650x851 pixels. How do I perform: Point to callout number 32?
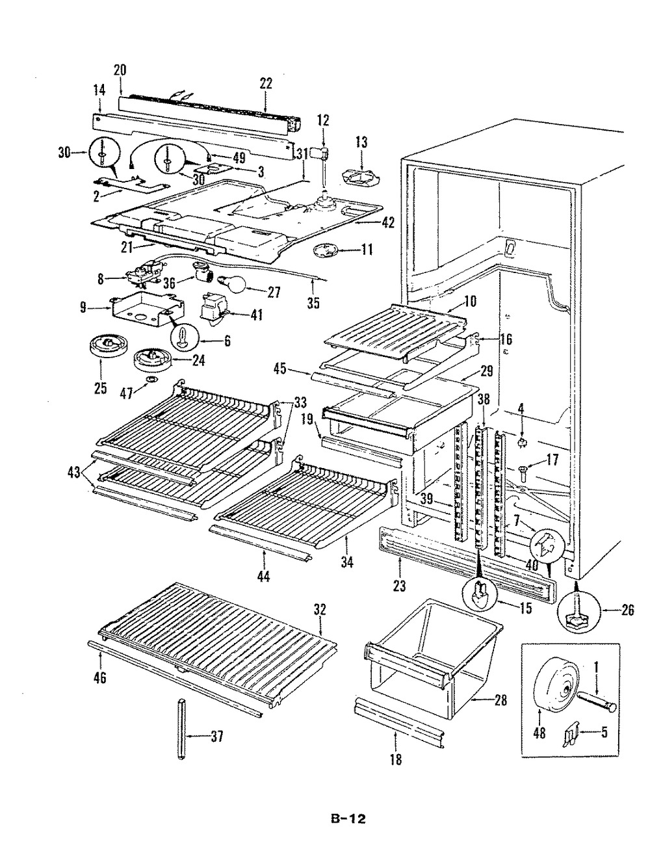click(x=320, y=610)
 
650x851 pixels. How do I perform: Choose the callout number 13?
click(x=361, y=140)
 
